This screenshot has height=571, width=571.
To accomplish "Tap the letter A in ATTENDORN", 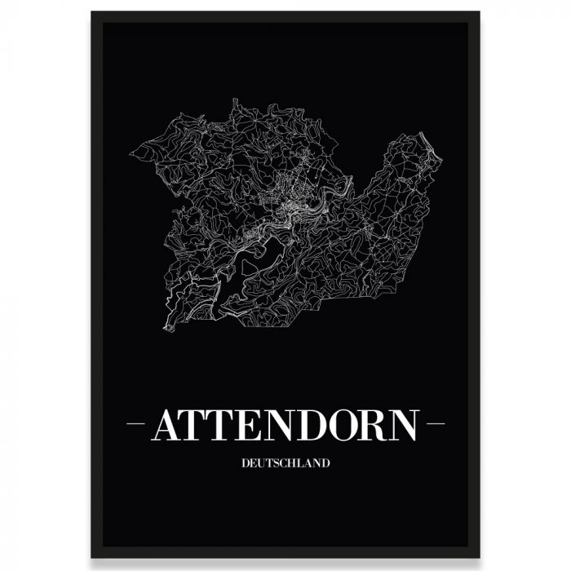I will click(x=168, y=424).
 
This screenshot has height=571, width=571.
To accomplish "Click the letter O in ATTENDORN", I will click(x=344, y=424).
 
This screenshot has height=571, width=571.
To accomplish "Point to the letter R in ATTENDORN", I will click(x=374, y=424).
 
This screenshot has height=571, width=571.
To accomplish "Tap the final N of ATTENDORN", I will click(x=404, y=424).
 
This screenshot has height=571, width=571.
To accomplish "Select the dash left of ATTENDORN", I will click(x=136, y=424).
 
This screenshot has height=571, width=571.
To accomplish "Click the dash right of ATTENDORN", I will click(x=436, y=424).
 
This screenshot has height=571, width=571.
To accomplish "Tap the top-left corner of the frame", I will click(x=92, y=13).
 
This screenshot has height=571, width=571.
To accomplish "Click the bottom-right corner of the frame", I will click(x=479, y=557).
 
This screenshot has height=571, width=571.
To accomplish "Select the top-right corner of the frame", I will click(x=479, y=13).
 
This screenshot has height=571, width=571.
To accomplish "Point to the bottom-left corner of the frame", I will click(x=92, y=557).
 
